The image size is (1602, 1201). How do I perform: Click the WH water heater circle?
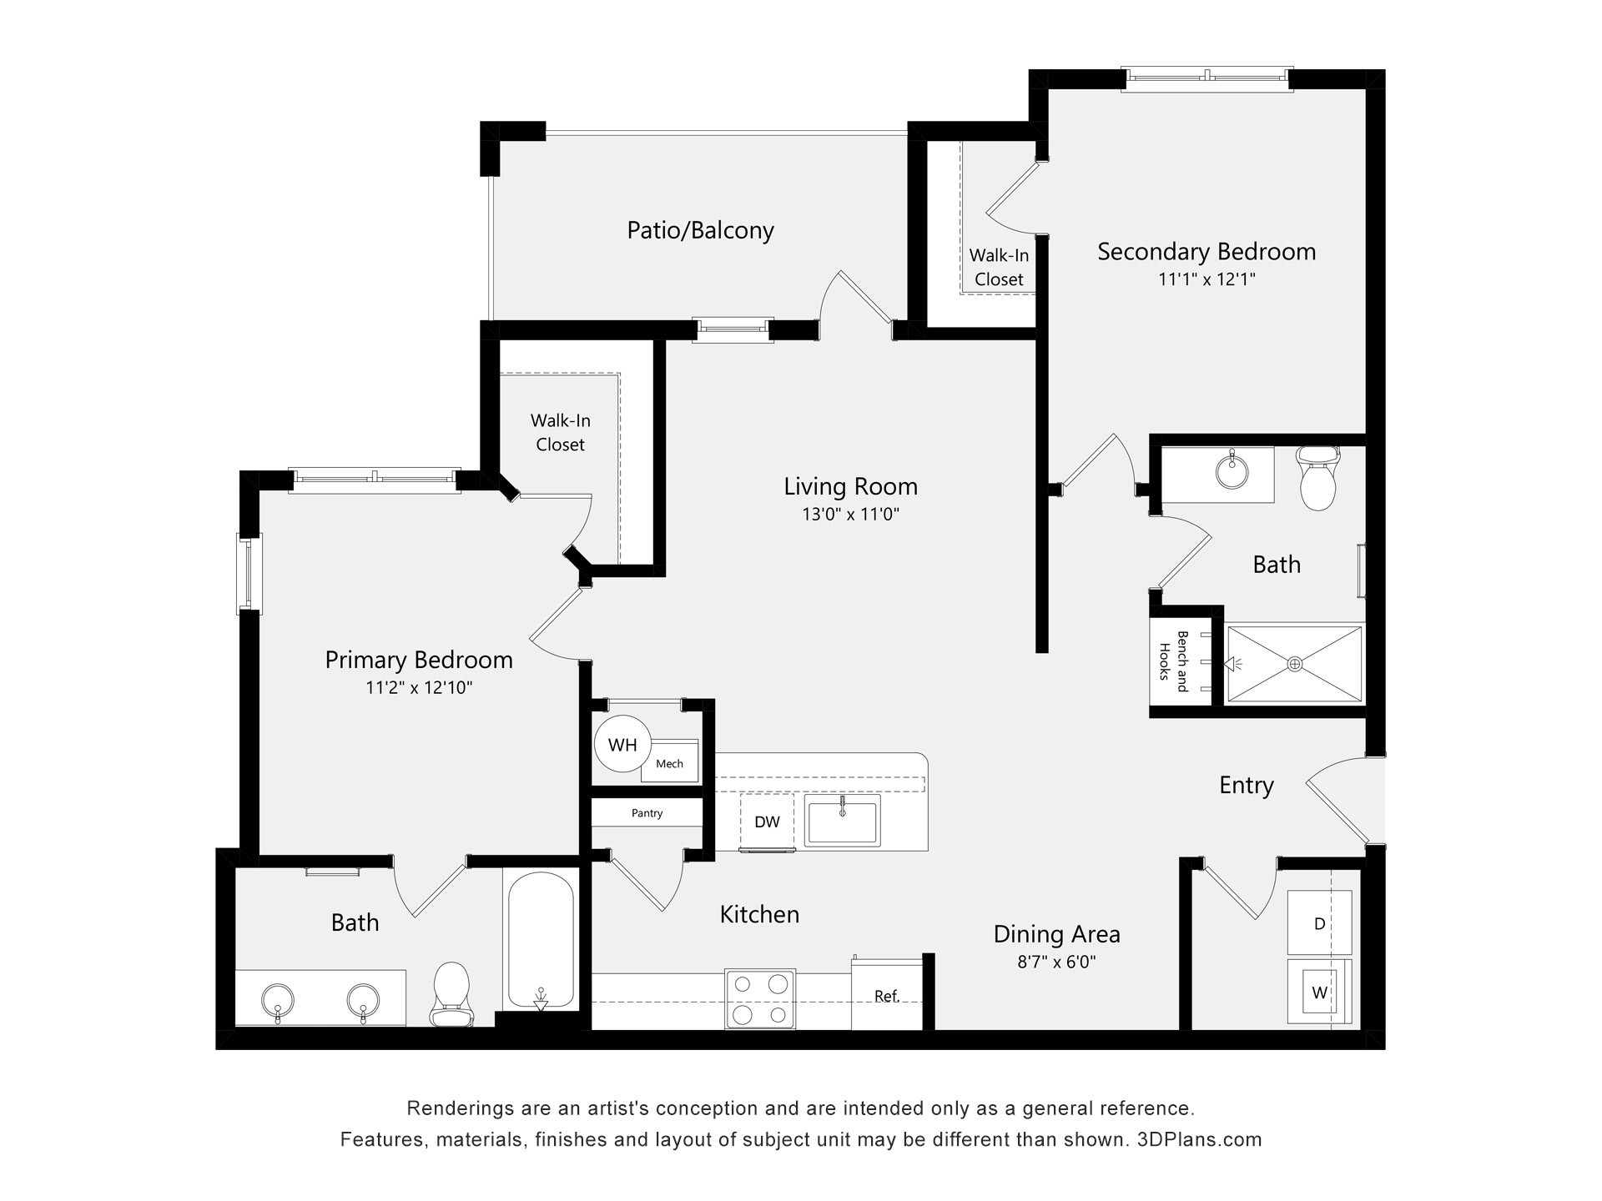622,745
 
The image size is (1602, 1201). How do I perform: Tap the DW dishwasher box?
767,822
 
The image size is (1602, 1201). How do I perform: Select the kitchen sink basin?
842,819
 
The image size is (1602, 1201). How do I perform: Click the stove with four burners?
759,999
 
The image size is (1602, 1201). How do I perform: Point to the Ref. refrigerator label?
886,996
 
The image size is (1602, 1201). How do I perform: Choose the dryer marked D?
1319,922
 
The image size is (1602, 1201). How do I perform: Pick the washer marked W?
1319,992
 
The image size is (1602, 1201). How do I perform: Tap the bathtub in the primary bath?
541,940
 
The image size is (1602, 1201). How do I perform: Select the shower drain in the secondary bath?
1294,664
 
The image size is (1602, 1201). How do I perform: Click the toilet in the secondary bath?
1318,478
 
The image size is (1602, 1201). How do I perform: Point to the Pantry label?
647,813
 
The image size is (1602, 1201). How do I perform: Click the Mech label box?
669,763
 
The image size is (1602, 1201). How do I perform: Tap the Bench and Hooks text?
1173,662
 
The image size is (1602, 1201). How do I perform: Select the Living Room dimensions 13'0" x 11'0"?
850,515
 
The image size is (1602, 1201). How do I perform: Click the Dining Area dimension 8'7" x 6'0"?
1056,962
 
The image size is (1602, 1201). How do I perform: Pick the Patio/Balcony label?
700,230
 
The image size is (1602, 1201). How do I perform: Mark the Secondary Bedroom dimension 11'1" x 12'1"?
1207,279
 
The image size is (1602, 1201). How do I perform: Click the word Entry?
1247,786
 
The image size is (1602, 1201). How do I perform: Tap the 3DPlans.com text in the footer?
1200,1139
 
